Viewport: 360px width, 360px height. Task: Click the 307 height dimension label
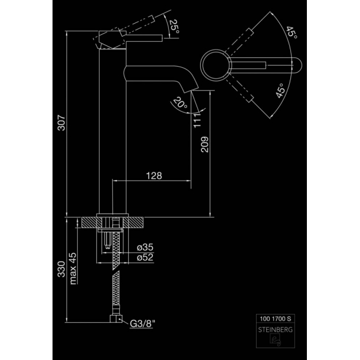[x=61, y=123]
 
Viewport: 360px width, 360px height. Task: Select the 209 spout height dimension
[x=205, y=145]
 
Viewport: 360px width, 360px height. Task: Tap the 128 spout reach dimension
[x=154, y=176]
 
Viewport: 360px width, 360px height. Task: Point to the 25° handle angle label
[x=174, y=27]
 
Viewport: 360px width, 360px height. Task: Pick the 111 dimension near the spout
[x=197, y=120]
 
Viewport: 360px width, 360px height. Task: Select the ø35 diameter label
[x=145, y=247]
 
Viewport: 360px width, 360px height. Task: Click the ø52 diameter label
[x=145, y=257]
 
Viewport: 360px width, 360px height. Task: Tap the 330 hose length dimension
[x=61, y=269]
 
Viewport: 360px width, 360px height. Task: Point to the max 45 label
[x=73, y=269]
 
